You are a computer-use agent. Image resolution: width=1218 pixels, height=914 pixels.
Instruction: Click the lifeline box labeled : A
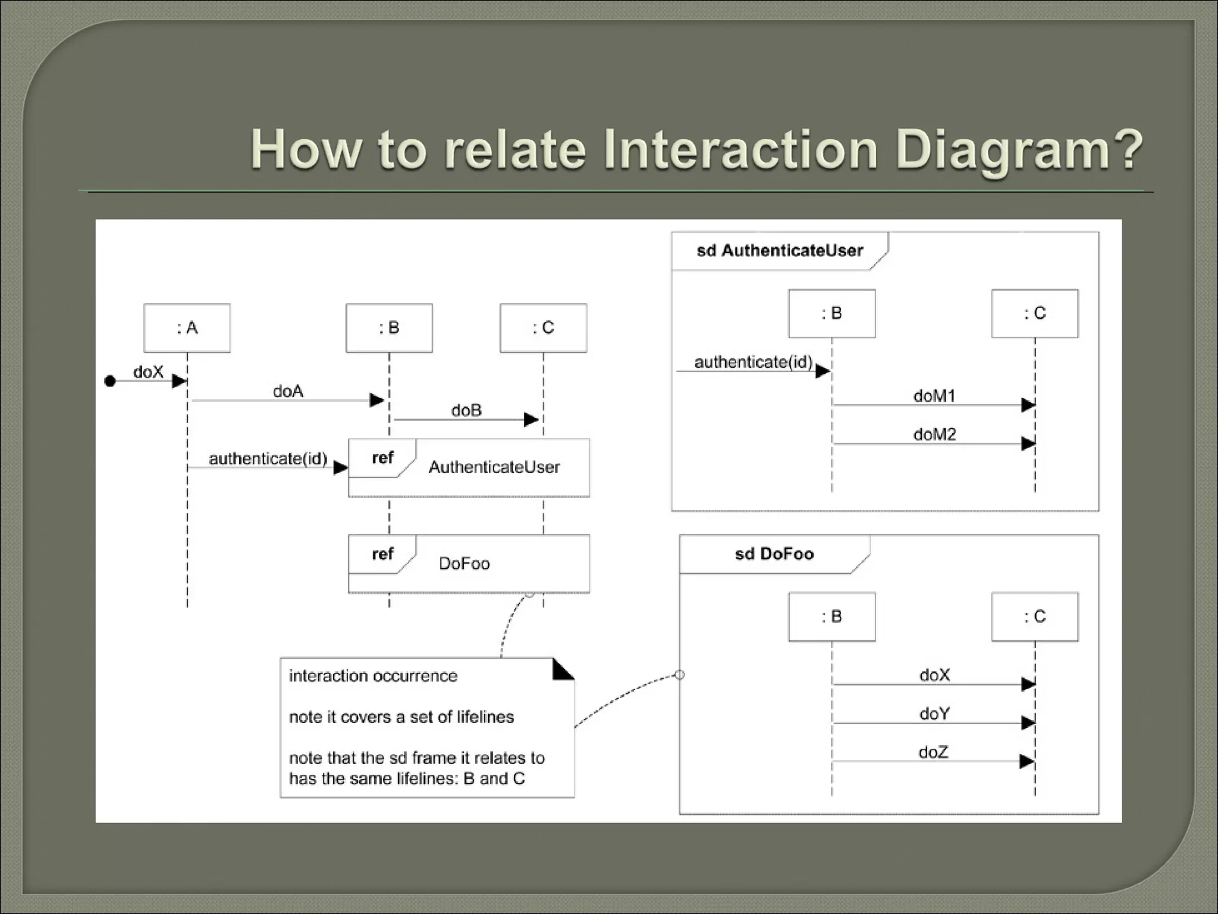[187, 328]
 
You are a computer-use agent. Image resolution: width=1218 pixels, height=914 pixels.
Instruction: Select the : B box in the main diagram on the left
[389, 328]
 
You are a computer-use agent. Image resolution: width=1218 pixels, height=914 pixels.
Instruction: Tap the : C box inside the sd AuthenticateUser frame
[1034, 314]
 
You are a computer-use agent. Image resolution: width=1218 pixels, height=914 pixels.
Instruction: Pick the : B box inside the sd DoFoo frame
[831, 616]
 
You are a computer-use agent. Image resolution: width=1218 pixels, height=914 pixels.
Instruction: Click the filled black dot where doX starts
[110, 381]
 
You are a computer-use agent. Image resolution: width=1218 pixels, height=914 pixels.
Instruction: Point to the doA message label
[288, 391]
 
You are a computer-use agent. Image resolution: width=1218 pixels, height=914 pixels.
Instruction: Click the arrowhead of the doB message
[531, 420]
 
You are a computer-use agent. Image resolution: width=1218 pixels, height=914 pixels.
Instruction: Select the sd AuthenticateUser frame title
[779, 251]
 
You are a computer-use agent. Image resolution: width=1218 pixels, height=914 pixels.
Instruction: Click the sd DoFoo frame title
[774, 554]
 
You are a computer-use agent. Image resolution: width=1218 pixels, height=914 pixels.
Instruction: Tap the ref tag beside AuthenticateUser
[382, 458]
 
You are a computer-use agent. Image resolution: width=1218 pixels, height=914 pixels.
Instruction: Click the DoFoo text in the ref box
[464, 564]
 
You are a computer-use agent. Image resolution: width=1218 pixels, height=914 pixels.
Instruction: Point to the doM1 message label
[934, 396]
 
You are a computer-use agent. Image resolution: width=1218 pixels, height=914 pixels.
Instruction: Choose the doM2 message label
[934, 434]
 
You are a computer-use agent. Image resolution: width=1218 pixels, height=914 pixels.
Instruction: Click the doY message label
[934, 713]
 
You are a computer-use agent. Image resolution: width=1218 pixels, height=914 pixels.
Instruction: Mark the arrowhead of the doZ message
[1026, 761]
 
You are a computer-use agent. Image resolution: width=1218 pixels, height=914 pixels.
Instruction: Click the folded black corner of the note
[562, 670]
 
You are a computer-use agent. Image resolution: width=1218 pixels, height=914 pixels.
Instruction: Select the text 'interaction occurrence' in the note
[373, 676]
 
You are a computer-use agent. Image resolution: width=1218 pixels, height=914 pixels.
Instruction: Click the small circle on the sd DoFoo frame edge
[680, 675]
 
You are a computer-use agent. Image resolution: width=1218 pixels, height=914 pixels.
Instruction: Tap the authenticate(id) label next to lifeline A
[268, 459]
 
